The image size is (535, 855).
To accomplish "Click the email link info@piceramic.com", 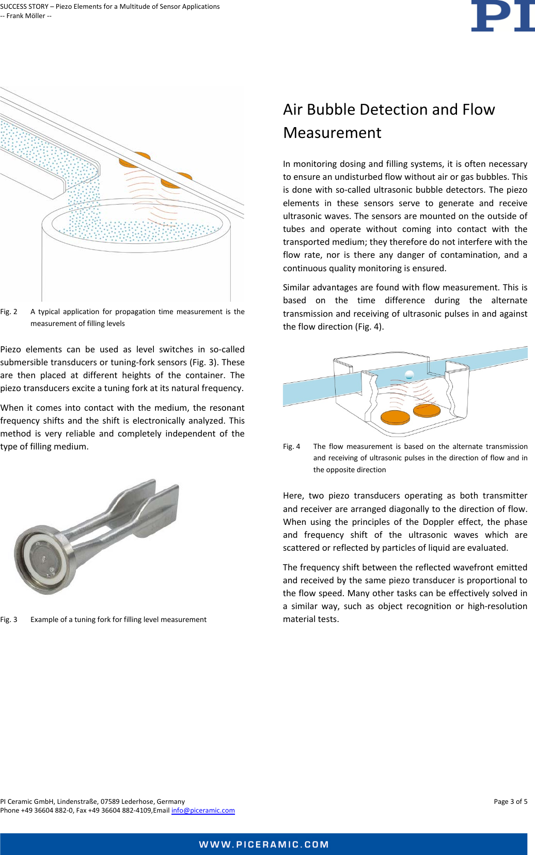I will (203, 810).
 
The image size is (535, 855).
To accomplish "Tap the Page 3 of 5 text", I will (510, 801).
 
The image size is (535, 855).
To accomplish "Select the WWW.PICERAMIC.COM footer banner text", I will (264, 844).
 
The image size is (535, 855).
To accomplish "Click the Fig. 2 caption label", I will (9, 312).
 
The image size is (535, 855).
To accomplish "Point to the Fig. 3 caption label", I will (9, 619).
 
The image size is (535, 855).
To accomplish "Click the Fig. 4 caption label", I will (291, 446).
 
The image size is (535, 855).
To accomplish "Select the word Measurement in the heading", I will (332, 133).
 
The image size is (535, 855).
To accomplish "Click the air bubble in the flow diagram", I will (410, 375).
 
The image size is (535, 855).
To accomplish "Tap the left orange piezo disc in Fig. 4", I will (395, 416).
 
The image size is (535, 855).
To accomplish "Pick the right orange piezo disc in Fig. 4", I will (427, 411).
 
